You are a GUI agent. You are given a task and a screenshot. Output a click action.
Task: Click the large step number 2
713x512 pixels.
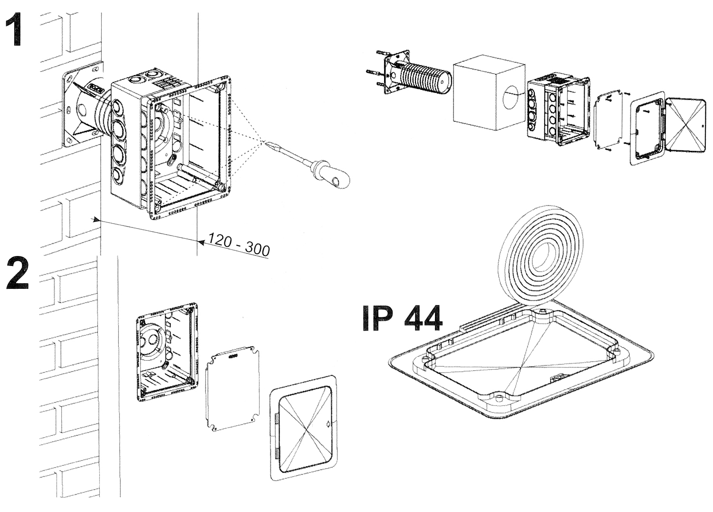(18, 274)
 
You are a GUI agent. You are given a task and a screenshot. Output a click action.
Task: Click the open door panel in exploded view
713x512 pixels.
(686, 126)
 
